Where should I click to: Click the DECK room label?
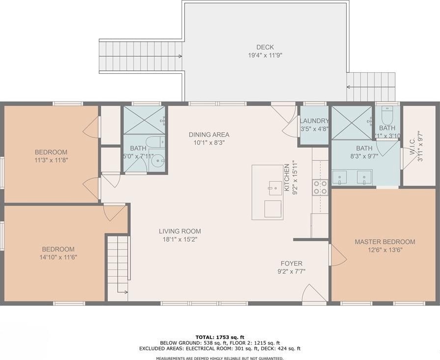(265, 47)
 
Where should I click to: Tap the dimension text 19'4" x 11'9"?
(265, 55)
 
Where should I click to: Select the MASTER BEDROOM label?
(385, 242)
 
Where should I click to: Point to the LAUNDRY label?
(314, 121)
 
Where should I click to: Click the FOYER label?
(291, 263)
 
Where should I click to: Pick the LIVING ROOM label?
(180, 231)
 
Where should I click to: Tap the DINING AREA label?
(209, 135)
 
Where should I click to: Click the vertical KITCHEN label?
(287, 178)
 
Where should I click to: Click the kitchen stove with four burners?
(320, 187)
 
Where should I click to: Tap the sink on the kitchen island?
(275, 188)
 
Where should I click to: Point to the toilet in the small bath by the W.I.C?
(387, 115)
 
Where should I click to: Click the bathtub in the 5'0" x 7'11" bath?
(156, 142)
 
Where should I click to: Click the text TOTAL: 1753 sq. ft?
(220, 337)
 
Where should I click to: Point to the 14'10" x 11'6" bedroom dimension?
(59, 257)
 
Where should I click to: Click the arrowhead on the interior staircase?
(126, 292)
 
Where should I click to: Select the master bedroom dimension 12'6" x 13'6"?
(385, 250)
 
